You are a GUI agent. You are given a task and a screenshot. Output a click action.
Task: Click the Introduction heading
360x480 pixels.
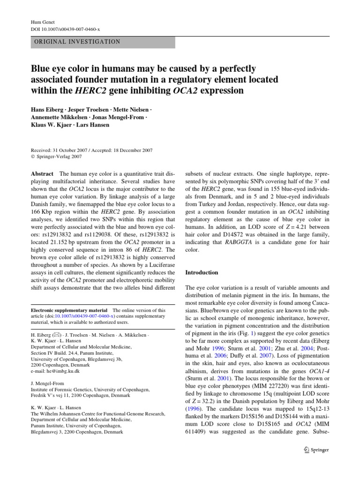tap(202, 272)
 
